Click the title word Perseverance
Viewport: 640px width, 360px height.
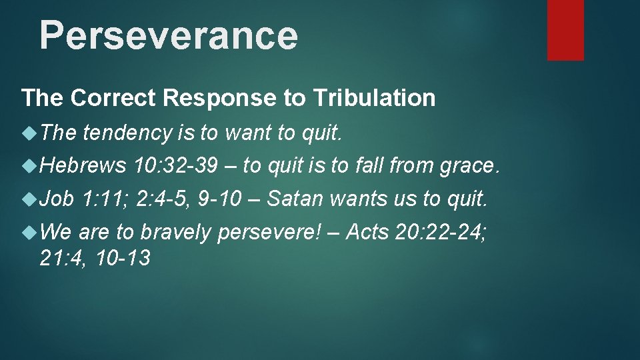168,35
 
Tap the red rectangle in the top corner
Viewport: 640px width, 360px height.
565,29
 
